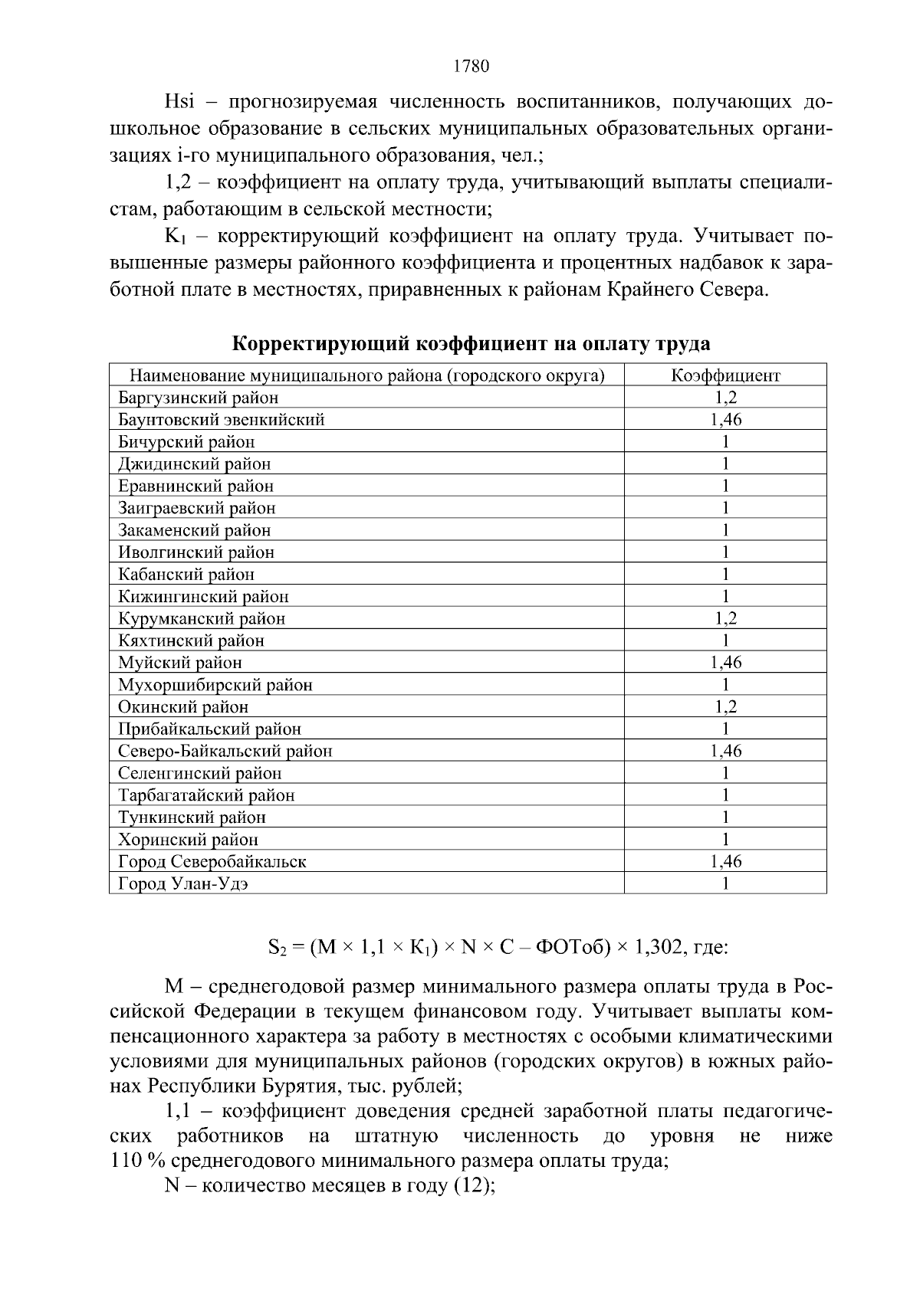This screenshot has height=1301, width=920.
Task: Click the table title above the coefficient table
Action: pyautogui.click(x=471, y=344)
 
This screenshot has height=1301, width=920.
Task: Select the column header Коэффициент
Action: pyautogui.click(x=725, y=375)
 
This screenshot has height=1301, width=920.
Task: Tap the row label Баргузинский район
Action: pyautogui.click(x=198, y=398)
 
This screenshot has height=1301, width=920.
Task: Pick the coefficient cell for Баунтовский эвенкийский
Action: pyautogui.click(x=725, y=420)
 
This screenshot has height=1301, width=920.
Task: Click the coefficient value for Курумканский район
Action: pyautogui.click(x=725, y=618)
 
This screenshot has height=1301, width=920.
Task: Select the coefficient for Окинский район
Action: pyautogui.click(x=725, y=707)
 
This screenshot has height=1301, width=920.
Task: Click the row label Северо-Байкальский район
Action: pyautogui.click(x=225, y=752)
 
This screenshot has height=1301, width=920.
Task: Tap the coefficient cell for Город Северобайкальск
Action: pyautogui.click(x=725, y=862)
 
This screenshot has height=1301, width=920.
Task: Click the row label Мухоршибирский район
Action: pyautogui.click(x=215, y=685)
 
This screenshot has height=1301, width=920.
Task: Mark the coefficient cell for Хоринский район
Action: pyautogui.click(x=725, y=840)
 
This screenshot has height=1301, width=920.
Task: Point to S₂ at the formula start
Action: pyautogui.click(x=277, y=949)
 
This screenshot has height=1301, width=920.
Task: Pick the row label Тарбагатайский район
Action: pyautogui.click(x=206, y=795)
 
